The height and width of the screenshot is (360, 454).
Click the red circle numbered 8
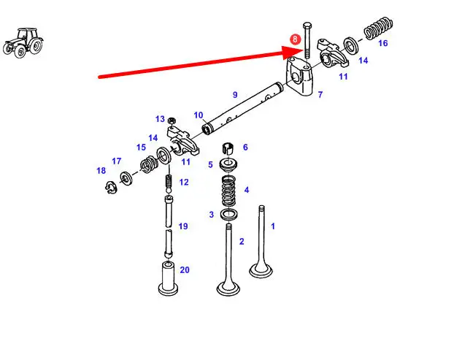(295, 39)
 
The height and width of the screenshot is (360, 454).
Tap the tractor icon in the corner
(23, 43)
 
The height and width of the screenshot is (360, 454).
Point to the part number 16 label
(382, 43)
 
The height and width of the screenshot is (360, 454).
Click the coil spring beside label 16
(378, 28)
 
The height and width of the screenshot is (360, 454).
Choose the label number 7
(320, 95)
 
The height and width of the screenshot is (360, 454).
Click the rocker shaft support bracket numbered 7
(299, 76)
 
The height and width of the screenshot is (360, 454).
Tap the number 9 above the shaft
(235, 95)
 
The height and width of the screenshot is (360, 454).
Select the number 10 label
(199, 115)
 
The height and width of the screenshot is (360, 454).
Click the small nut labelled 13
(172, 120)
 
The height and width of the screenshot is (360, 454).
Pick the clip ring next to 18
(111, 188)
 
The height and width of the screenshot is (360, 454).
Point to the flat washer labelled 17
(126, 178)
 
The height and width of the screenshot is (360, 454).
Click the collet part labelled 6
(228, 148)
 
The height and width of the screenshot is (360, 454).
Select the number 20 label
(185, 270)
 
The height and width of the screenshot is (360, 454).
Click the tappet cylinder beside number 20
(168, 278)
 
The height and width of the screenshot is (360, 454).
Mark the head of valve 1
(261, 271)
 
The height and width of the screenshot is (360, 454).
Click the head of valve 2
(228, 288)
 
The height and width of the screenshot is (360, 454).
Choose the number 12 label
(184, 182)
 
